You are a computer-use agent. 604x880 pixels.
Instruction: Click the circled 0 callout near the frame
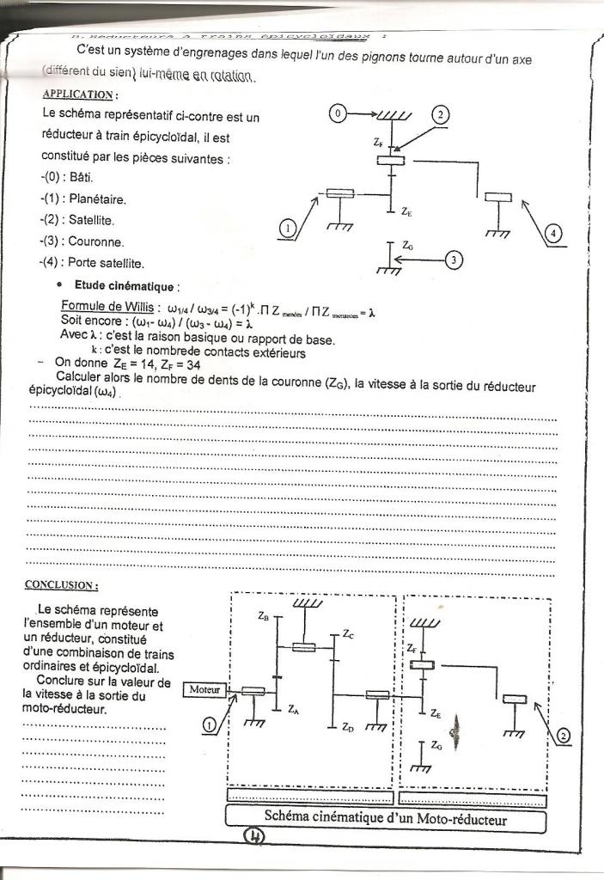[339, 113]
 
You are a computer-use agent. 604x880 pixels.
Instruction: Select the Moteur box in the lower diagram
[205, 689]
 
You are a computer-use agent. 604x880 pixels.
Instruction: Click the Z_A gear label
[293, 710]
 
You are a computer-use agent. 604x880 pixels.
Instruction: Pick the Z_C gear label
[347, 634]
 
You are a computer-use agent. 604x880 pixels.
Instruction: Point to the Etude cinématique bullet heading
[124, 285]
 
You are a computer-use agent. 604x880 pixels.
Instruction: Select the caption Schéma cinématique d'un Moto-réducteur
[385, 819]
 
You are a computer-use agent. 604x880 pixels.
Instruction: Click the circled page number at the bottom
[255, 835]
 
